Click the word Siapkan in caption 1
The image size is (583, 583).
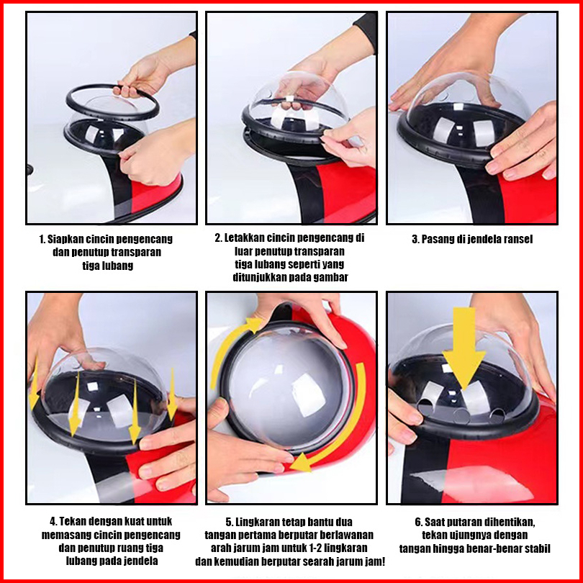pyautogui.click(x=62, y=239)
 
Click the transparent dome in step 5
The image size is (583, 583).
pyautogui.click(x=289, y=387)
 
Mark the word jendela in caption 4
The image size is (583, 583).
pyautogui.click(x=143, y=561)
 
